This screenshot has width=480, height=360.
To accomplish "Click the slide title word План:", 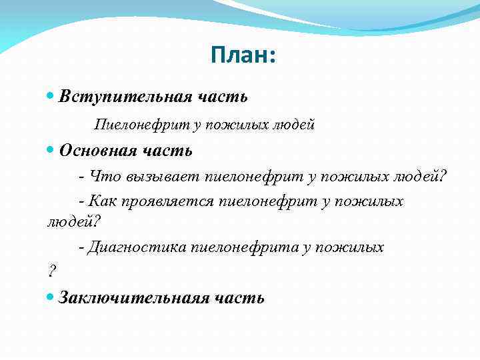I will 242,55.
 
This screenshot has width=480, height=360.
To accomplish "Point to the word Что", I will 103,177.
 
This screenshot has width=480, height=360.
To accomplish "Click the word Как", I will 103,201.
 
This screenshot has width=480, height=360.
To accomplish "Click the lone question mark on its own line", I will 52,272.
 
